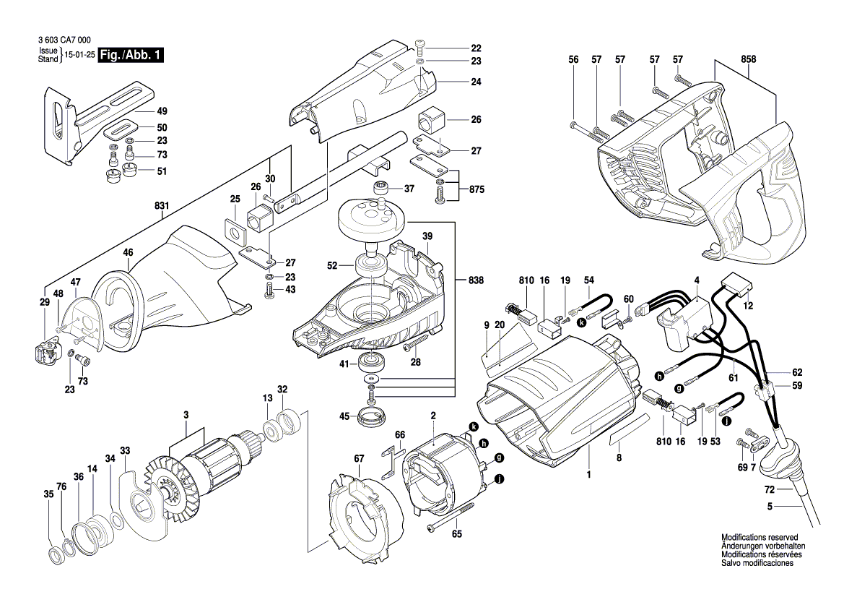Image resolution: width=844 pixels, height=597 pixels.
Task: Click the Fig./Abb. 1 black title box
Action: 131,55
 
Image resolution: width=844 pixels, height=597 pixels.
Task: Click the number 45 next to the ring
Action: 344,416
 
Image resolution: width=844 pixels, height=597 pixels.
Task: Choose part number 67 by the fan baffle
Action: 359,457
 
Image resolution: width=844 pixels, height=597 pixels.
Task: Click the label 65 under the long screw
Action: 456,534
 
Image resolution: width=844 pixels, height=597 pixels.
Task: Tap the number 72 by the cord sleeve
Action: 770,490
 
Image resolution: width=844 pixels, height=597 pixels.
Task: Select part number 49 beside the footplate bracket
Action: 162,111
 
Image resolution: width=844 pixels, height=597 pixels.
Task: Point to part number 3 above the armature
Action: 186,415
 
